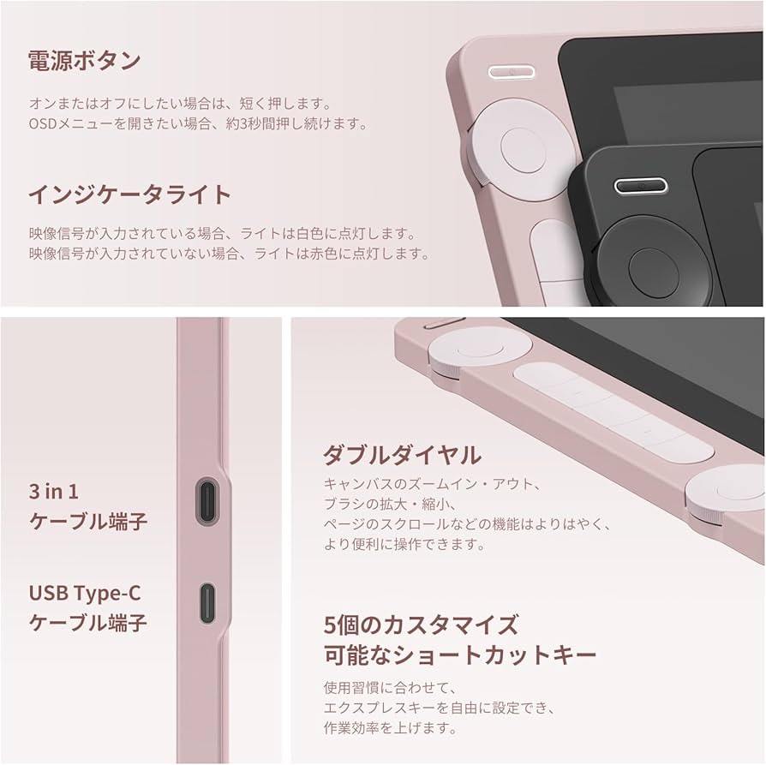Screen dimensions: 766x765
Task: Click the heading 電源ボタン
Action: point(85,61)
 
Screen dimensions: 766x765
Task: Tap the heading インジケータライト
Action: point(129,194)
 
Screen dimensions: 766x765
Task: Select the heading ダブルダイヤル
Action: point(402,455)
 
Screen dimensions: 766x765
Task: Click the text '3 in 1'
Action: point(54,492)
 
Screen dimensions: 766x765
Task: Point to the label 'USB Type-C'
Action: point(85,593)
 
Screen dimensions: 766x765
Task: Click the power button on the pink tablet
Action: point(511,72)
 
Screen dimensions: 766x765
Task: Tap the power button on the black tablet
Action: point(640,186)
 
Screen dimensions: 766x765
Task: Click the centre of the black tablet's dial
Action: point(653,273)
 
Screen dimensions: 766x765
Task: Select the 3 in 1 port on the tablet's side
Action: point(207,502)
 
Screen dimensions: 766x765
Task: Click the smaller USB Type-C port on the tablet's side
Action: point(207,604)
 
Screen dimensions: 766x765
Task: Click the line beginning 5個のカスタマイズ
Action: point(421,625)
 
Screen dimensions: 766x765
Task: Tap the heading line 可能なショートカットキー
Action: point(460,655)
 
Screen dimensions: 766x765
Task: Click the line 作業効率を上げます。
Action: point(391,728)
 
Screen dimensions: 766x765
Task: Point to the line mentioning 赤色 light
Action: point(230,254)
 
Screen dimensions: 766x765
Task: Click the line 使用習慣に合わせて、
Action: point(391,688)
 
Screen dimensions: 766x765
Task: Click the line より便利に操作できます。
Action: point(404,544)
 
